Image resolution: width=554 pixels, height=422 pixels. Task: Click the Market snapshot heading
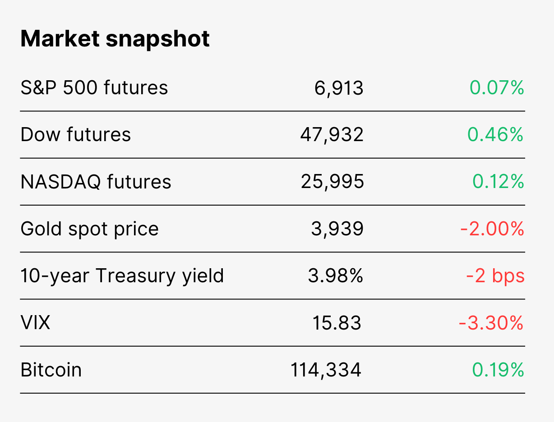click(115, 39)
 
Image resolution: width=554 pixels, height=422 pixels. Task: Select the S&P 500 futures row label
click(94, 87)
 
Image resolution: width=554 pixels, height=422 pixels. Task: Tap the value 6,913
click(339, 88)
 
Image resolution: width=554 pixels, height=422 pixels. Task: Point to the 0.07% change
click(497, 87)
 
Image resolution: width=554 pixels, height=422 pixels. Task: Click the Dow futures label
click(76, 134)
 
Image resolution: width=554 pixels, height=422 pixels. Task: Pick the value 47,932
click(332, 135)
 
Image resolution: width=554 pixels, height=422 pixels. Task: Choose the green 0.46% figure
click(495, 134)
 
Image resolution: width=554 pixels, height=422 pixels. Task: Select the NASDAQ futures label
click(96, 182)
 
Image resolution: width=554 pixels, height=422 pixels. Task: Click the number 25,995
click(332, 182)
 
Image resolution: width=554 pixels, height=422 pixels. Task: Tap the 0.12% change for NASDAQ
click(498, 182)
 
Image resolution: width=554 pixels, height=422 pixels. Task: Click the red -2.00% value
click(492, 229)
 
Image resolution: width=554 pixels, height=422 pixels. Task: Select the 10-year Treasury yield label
click(122, 276)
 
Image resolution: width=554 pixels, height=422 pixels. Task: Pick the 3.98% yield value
click(336, 276)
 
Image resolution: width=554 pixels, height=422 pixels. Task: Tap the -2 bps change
click(495, 276)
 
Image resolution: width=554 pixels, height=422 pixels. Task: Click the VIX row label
click(35, 323)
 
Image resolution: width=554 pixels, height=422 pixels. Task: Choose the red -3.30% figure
click(491, 323)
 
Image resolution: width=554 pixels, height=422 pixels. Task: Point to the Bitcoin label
click(51, 370)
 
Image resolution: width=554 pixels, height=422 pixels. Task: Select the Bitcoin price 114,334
click(326, 371)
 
